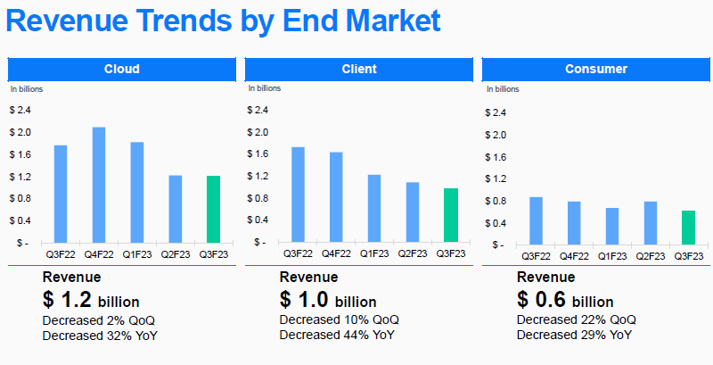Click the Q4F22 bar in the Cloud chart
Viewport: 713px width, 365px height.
pos(99,185)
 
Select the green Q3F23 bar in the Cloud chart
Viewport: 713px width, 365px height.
pos(213,209)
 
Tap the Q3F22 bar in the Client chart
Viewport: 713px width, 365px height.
pos(298,195)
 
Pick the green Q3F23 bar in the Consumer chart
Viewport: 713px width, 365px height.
pos(688,228)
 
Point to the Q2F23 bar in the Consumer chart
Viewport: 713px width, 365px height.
pos(650,223)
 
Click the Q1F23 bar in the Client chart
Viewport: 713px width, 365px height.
pos(374,208)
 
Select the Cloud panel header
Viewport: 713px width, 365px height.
pos(121,69)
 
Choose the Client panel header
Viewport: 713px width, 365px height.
pos(358,69)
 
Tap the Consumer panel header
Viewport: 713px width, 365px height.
pos(595,69)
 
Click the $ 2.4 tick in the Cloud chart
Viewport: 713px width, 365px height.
pos(20,111)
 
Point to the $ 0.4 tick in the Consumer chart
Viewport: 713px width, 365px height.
pos(495,223)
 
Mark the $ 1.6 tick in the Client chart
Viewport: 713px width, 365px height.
pos(257,154)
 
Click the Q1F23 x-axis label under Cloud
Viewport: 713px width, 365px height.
pos(137,254)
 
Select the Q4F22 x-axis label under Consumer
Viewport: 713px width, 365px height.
pos(574,256)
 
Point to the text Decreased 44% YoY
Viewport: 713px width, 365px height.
pos(338,335)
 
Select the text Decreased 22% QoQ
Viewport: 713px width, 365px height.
pos(576,319)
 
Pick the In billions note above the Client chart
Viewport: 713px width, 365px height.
pos(264,89)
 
